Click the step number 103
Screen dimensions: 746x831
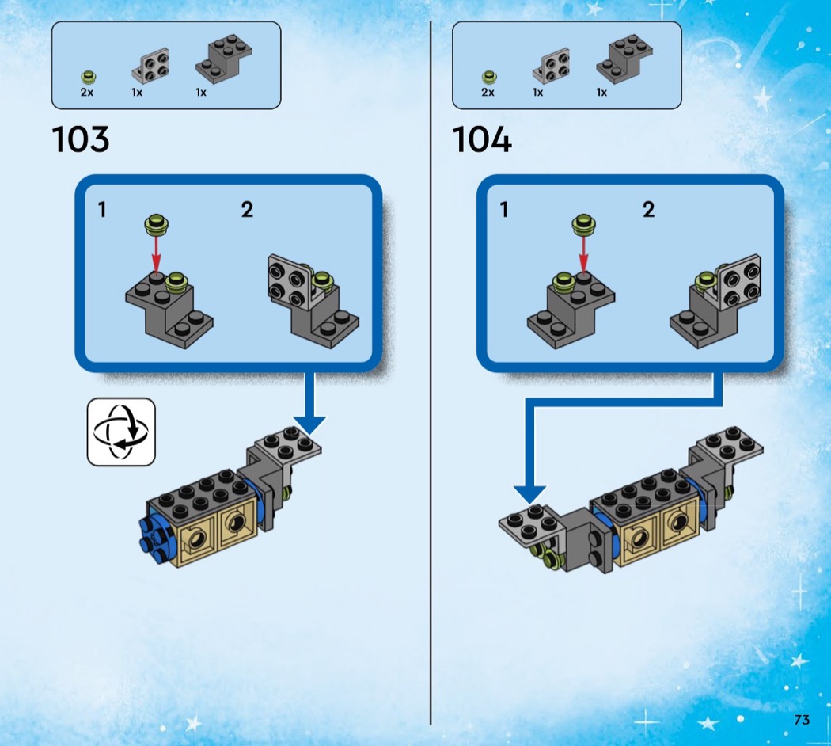click(81, 140)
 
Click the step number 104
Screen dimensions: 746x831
click(482, 140)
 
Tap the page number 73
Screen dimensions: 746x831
click(802, 720)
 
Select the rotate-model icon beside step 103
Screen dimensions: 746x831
click(120, 431)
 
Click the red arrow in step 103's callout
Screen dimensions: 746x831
click(156, 253)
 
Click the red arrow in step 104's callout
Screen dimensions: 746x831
click(583, 253)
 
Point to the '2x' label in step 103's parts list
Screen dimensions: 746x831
click(87, 93)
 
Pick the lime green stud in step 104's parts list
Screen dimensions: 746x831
click(489, 78)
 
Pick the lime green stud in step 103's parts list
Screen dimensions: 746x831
click(89, 78)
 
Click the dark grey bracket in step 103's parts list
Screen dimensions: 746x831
click(224, 58)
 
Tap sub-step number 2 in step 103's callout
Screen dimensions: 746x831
click(247, 210)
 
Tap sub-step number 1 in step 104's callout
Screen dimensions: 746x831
click(504, 210)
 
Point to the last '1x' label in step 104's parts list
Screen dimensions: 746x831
click(601, 93)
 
